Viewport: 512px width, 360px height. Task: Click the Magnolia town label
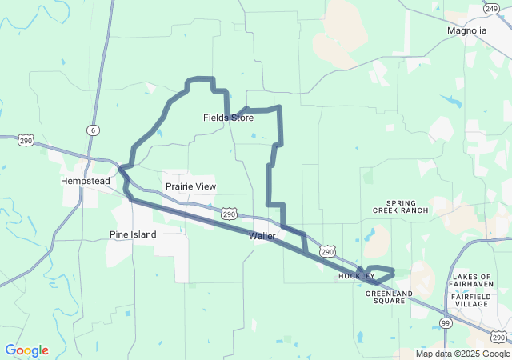467,30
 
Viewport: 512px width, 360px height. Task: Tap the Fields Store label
228,118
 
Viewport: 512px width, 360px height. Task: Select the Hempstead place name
86,181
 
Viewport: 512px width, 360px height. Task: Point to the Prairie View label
190,186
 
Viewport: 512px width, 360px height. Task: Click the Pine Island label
133,234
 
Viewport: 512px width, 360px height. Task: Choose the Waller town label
262,236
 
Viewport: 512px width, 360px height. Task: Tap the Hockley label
356,276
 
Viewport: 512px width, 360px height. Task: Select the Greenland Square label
389,298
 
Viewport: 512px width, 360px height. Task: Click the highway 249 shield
491,8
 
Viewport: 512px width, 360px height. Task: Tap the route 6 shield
94,130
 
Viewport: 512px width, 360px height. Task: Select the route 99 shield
445,322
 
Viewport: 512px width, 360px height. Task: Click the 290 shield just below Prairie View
230,214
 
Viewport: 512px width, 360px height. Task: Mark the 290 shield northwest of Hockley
326,251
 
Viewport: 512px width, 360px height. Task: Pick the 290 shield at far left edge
26,140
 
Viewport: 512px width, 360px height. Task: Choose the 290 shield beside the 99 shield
498,336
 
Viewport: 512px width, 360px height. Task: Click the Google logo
26,350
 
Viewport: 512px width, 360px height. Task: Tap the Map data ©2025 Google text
462,354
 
